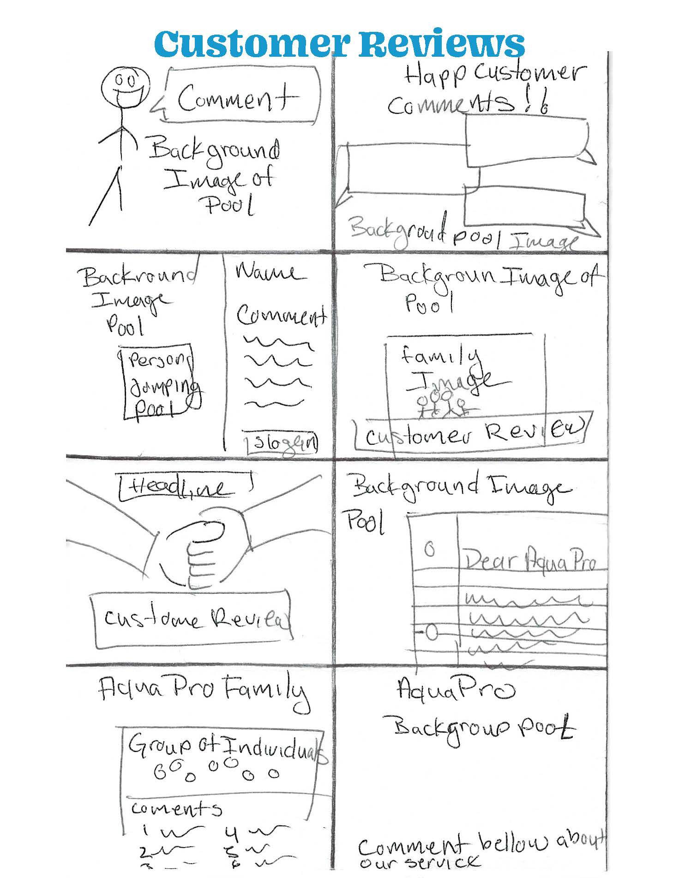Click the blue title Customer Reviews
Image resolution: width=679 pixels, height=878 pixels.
pos(339,43)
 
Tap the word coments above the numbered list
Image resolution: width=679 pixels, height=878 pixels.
pos(176,808)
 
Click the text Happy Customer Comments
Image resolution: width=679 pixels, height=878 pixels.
pos(485,90)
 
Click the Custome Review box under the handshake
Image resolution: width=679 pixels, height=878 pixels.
pos(192,617)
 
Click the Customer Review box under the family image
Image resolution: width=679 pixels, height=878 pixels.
pos(471,434)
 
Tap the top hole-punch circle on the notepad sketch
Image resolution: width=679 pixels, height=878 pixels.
pos(429,550)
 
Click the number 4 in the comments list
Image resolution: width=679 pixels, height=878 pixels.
pos(232,832)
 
